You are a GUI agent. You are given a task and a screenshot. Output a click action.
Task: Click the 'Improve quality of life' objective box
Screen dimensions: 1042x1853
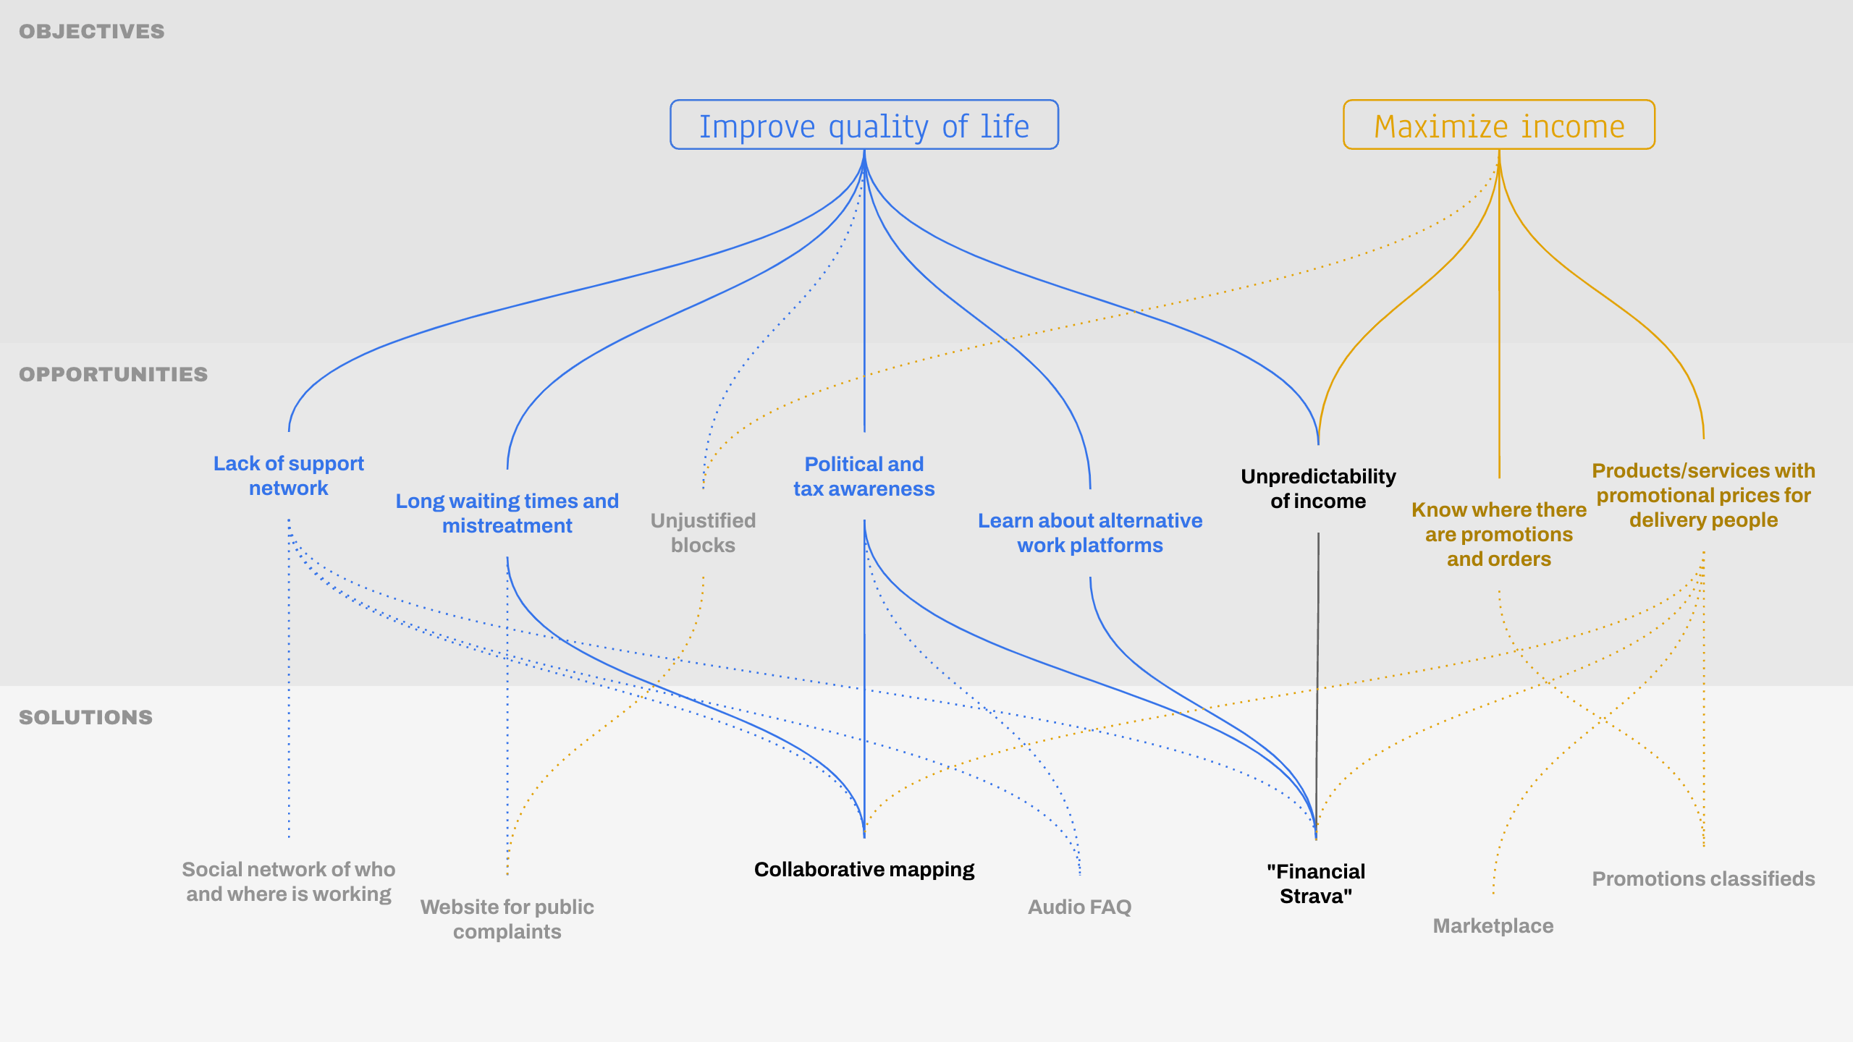(x=864, y=125)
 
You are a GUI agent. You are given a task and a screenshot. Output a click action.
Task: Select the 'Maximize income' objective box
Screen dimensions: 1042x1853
(x=1498, y=125)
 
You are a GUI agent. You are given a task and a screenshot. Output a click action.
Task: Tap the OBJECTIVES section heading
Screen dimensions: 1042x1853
(x=92, y=32)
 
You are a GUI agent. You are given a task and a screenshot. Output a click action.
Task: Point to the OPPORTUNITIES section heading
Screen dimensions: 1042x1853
(x=114, y=374)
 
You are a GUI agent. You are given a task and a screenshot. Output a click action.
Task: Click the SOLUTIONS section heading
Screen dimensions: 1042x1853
(x=86, y=717)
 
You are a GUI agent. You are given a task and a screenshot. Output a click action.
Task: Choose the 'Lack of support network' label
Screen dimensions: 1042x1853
(x=288, y=476)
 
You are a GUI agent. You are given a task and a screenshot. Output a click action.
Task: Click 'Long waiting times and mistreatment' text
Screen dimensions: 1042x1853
(x=507, y=513)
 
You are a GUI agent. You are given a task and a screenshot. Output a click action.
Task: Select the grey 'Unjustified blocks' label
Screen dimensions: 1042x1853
(x=703, y=533)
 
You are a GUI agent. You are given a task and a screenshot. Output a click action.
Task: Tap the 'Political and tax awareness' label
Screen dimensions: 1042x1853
(x=864, y=476)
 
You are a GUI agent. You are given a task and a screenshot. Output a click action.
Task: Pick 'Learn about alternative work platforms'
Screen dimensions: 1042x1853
(x=1090, y=533)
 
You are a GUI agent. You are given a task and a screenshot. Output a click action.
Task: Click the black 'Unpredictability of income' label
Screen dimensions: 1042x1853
(x=1318, y=488)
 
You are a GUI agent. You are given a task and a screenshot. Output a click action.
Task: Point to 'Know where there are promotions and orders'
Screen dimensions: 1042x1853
(x=1498, y=534)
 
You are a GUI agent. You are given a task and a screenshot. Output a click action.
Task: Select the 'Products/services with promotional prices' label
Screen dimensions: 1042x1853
(x=1703, y=495)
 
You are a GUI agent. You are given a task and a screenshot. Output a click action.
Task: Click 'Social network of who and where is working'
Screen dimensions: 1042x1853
(x=288, y=881)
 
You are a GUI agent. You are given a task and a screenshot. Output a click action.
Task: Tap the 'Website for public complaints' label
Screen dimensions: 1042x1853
(x=507, y=919)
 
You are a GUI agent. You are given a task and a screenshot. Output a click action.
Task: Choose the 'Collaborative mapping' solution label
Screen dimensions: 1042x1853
(x=864, y=869)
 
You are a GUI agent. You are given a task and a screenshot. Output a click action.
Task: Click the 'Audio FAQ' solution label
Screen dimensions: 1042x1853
(x=1079, y=907)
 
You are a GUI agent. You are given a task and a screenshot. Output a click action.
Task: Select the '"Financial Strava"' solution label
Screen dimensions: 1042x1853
(x=1316, y=884)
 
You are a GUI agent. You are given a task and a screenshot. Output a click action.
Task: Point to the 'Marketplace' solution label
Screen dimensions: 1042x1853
(x=1493, y=925)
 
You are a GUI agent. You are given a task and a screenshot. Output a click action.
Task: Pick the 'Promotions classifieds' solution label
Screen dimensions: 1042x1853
(x=1703, y=878)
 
